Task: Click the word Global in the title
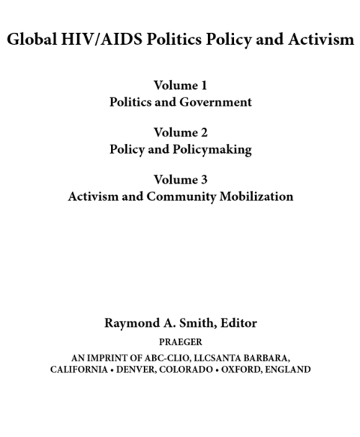[x=28, y=40]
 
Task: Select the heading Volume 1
[x=179, y=86]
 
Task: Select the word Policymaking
[x=214, y=149]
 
